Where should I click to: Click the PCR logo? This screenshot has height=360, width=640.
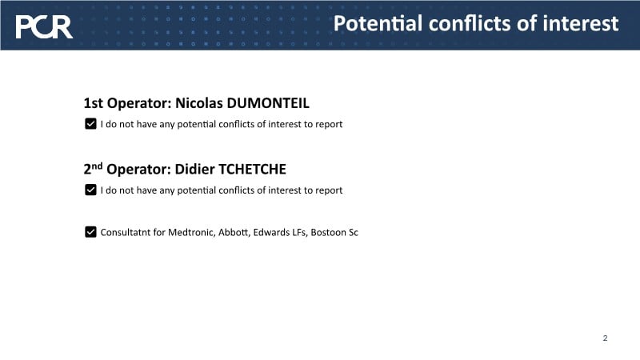(44, 27)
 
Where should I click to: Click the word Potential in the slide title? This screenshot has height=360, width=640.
(378, 23)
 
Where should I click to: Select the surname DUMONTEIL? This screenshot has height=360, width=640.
(268, 103)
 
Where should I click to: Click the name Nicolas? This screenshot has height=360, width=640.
(198, 103)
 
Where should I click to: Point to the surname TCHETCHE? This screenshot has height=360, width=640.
(252, 169)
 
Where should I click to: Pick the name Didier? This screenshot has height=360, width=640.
(194, 169)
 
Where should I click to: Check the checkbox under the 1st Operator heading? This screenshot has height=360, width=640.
(90, 124)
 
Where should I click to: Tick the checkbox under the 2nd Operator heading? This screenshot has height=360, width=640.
(90, 190)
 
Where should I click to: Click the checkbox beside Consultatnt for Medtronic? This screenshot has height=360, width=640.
(90, 232)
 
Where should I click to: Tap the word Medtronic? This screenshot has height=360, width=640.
(191, 232)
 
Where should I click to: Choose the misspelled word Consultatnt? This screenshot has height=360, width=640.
(126, 232)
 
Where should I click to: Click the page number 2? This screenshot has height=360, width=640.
(606, 338)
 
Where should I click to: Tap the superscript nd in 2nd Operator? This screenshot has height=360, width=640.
(97, 166)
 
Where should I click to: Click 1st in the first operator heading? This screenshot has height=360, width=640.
(93, 103)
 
